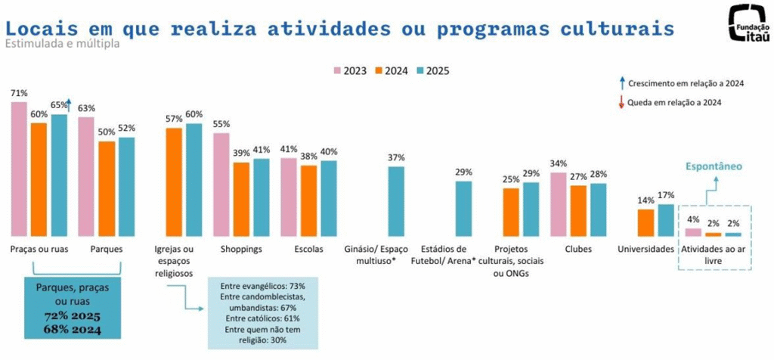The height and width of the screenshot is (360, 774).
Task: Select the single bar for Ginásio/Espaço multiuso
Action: pyautogui.click(x=396, y=201)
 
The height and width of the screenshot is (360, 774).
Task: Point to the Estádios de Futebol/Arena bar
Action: pyautogui.click(x=463, y=209)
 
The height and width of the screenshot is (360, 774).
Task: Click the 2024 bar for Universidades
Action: pyautogui.click(x=646, y=222)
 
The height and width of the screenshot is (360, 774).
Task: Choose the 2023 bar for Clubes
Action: pyautogui.click(x=559, y=204)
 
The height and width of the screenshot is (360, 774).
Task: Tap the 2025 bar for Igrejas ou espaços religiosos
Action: pyautogui.click(x=194, y=179)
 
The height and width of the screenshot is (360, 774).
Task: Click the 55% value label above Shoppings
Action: pyautogui.click(x=221, y=124)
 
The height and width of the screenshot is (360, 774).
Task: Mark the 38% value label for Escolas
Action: pyautogui.click(x=308, y=156)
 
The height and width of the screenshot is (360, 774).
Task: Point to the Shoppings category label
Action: pyautogui.click(x=240, y=249)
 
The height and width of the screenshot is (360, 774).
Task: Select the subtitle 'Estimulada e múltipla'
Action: pyautogui.click(x=61, y=44)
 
